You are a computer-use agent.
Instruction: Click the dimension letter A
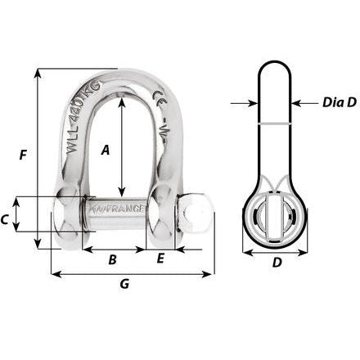pos(105,150)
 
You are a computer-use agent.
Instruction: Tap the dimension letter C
pos(6,219)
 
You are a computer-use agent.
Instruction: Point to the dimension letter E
pos(160,259)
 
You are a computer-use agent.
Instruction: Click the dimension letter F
pos(24,153)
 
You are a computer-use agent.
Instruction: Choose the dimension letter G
pos(124,284)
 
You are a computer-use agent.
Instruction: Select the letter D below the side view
pos(277,263)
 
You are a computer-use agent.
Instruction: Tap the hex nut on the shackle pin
pos(195,214)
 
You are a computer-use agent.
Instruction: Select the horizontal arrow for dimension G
pos(132,273)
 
